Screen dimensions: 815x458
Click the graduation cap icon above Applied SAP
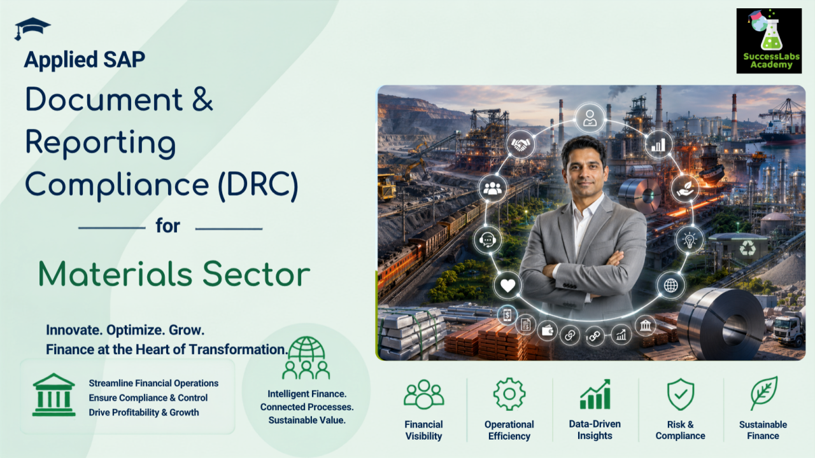click(x=32, y=27)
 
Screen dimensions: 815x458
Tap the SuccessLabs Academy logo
click(x=769, y=41)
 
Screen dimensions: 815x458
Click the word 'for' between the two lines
click(x=167, y=226)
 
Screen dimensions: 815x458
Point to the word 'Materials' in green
click(x=115, y=274)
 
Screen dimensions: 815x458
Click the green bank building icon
click(x=54, y=395)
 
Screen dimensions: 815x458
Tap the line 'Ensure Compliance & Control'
click(x=148, y=398)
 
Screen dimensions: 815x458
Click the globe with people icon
click(x=306, y=357)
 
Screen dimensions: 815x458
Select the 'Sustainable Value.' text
click(x=307, y=420)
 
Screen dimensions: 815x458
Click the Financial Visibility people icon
click(x=424, y=394)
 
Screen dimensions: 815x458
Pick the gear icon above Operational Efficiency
click(x=509, y=394)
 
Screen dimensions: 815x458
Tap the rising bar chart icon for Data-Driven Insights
click(x=595, y=394)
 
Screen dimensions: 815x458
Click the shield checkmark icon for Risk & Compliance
click(x=681, y=394)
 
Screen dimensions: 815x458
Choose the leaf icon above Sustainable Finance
click(x=763, y=393)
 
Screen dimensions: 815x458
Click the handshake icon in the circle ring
click(x=521, y=144)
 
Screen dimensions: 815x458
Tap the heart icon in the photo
click(x=507, y=286)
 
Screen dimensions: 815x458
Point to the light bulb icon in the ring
click(x=690, y=240)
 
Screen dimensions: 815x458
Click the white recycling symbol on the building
click(x=748, y=249)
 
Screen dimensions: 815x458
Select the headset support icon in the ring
click(x=488, y=240)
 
